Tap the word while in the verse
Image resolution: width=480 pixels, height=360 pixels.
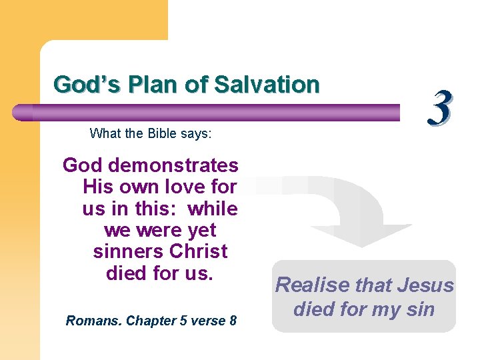(213, 209)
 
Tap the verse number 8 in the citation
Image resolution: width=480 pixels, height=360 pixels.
(233, 321)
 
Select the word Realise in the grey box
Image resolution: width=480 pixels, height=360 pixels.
(313, 285)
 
